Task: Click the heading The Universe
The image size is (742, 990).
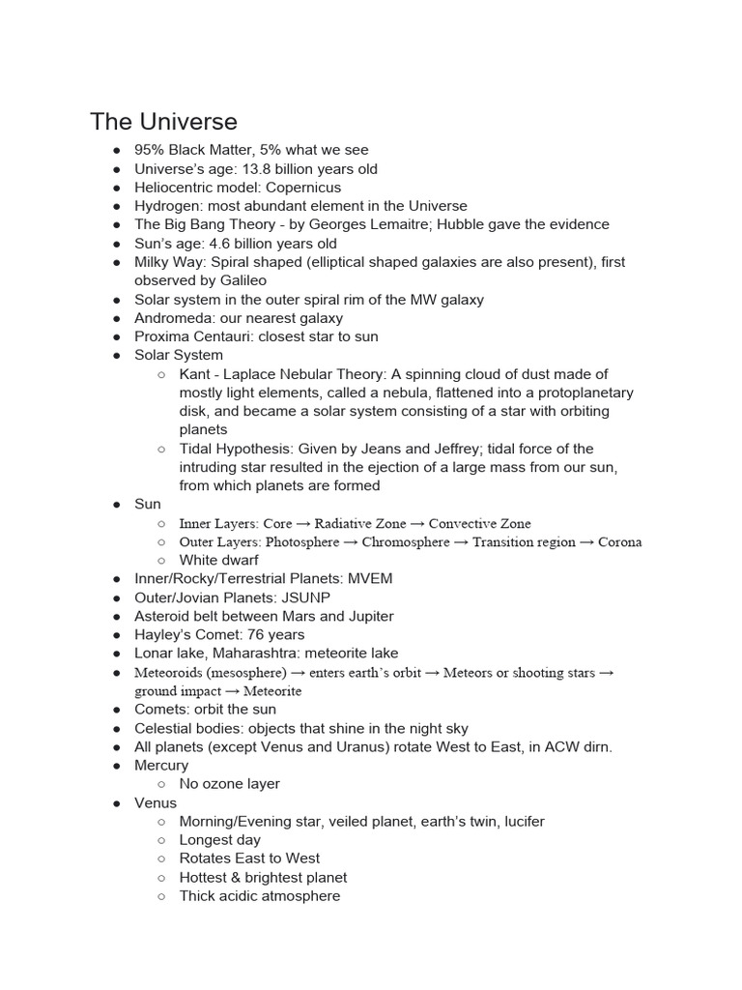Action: (163, 122)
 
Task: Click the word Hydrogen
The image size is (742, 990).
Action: (166, 206)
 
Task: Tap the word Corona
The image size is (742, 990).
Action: (619, 542)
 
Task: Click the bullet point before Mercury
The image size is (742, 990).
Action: (116, 766)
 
